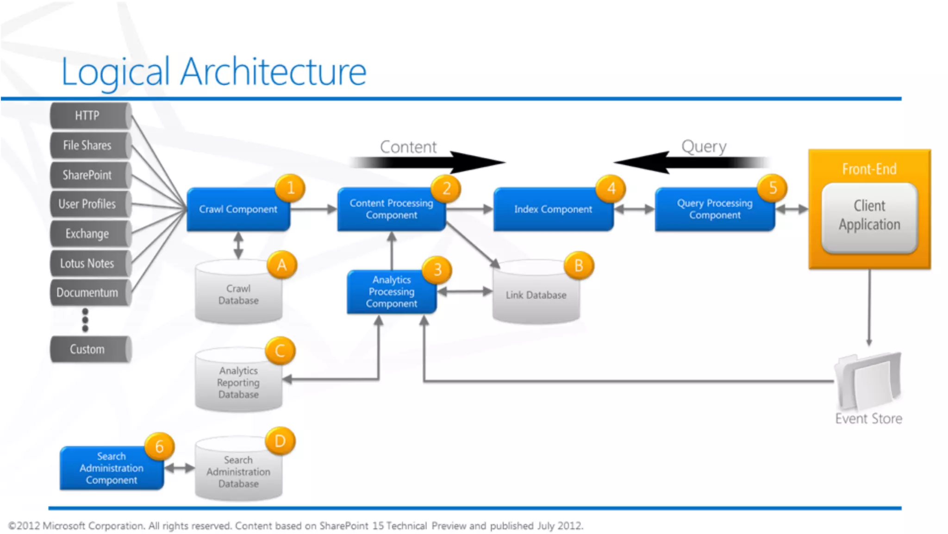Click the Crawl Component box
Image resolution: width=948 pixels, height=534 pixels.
pyautogui.click(x=238, y=209)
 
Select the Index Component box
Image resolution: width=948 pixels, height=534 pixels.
pyautogui.click(x=553, y=209)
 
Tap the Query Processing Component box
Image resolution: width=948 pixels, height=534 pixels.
pyautogui.click(x=714, y=209)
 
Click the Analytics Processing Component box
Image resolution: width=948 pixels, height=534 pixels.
pyautogui.click(x=391, y=292)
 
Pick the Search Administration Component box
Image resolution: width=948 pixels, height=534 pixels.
pyautogui.click(x=111, y=468)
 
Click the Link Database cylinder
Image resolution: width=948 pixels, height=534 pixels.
pyautogui.click(x=536, y=295)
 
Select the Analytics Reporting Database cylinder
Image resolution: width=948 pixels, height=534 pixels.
pyautogui.click(x=238, y=383)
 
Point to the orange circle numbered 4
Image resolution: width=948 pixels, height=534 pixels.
pyautogui.click(x=611, y=188)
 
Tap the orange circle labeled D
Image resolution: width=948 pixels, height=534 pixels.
pyautogui.click(x=280, y=441)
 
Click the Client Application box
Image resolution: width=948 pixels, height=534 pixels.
pyautogui.click(x=869, y=216)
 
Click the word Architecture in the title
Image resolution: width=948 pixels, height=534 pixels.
pyautogui.click(x=273, y=72)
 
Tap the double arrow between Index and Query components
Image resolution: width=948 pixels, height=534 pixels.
pyautogui.click(x=634, y=209)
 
